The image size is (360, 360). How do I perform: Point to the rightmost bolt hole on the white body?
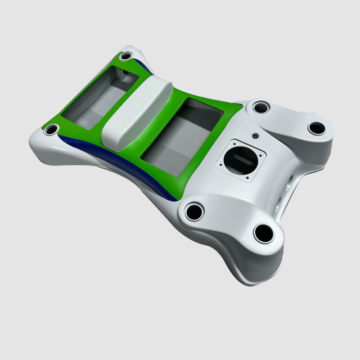pyautogui.click(x=317, y=128)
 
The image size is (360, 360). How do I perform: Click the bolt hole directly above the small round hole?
pyautogui.click(x=261, y=108)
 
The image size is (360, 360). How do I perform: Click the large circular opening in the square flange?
pyautogui.click(x=240, y=160)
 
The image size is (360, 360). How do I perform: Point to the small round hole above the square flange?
pyautogui.click(x=256, y=135)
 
